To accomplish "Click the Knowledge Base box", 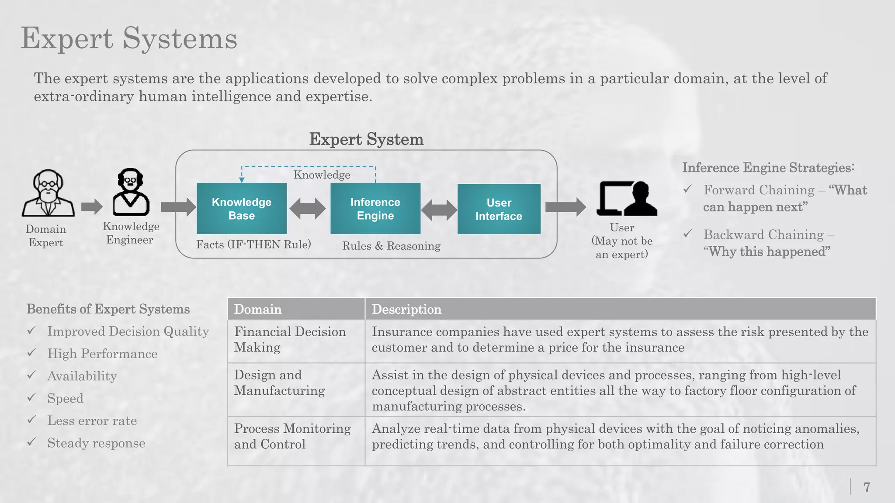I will click(x=242, y=209).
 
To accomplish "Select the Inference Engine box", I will click(x=375, y=209).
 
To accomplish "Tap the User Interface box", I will click(x=499, y=209).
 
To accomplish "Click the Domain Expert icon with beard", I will click(x=48, y=193).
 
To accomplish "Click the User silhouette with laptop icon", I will click(x=627, y=199).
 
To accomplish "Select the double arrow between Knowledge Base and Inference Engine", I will click(x=308, y=208).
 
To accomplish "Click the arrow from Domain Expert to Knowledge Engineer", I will click(x=92, y=207).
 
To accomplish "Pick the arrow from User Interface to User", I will click(x=565, y=207).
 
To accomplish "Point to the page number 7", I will click(x=867, y=487).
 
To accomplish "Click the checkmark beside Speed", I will click(x=31, y=397).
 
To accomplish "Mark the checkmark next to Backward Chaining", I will click(x=688, y=234).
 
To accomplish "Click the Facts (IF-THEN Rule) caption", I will click(x=253, y=245).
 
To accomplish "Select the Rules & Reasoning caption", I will click(x=391, y=246).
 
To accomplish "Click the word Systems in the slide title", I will click(x=180, y=38).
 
